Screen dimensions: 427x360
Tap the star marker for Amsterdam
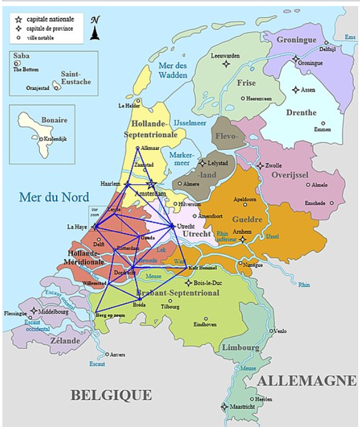152,184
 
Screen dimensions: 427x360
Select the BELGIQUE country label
111,395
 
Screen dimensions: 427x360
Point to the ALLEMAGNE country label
306,381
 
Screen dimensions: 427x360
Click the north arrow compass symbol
95,29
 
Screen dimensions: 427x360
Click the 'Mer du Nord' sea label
54,197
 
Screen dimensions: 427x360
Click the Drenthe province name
301,113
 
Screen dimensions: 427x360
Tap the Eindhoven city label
205,325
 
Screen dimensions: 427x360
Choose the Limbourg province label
241,348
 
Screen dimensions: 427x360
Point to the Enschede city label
315,203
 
